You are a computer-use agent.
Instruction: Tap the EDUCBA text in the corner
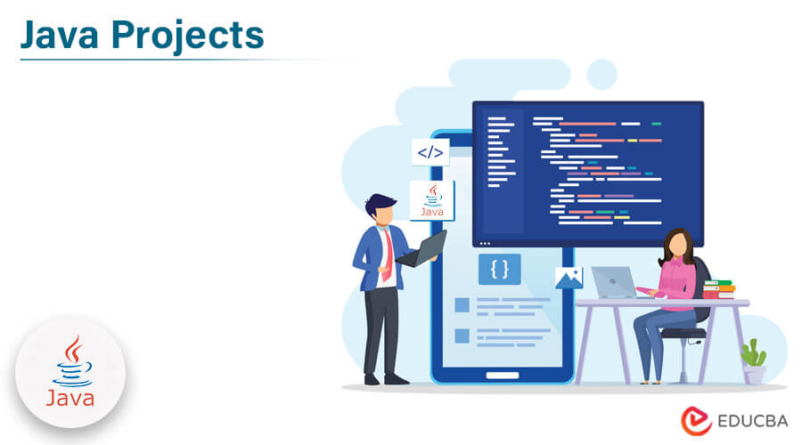(x=748, y=420)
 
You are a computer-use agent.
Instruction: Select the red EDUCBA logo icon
(x=696, y=420)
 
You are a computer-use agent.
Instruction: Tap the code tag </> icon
(x=430, y=152)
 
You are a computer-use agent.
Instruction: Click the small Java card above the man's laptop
(x=432, y=200)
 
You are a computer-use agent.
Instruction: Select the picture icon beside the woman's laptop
(x=569, y=278)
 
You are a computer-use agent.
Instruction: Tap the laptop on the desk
(x=614, y=282)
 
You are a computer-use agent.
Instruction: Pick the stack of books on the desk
(x=718, y=289)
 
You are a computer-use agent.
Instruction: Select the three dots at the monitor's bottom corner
(x=485, y=242)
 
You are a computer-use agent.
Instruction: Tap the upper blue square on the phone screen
(x=462, y=305)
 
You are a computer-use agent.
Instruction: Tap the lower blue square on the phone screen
(x=462, y=336)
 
